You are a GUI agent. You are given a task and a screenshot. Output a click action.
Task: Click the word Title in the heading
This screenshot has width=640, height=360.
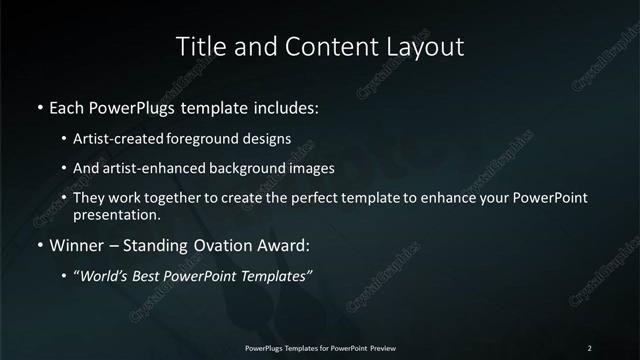click(200, 47)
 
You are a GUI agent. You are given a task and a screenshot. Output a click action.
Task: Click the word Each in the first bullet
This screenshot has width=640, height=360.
click(67, 106)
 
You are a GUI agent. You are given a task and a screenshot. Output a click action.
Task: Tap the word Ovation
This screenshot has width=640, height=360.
click(208, 245)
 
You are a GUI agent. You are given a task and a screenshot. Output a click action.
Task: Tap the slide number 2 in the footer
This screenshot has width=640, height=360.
click(590, 347)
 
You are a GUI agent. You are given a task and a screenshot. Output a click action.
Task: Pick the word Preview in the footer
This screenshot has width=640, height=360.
click(391, 347)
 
